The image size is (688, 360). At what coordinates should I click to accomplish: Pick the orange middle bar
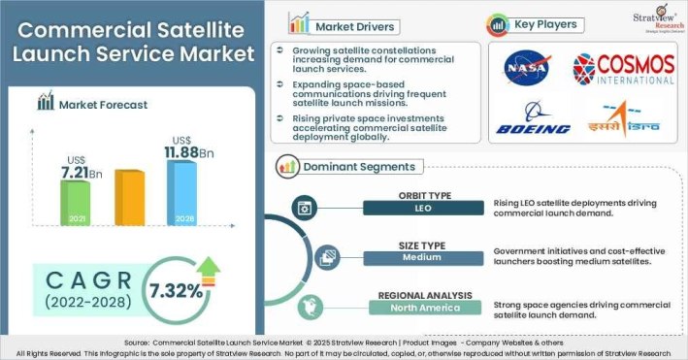tap(129, 197)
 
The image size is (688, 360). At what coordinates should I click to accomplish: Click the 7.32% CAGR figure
tap(177, 290)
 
